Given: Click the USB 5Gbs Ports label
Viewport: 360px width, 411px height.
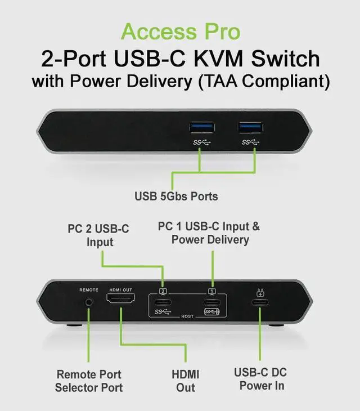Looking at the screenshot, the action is click(176, 197).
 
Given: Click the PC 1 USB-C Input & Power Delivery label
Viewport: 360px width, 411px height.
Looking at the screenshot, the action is click(210, 233).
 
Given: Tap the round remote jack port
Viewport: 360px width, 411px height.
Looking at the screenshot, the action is click(89, 302).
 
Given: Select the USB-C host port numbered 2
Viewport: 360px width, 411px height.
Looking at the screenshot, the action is click(164, 301).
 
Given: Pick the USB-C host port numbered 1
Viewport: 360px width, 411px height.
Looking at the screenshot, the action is click(213, 301).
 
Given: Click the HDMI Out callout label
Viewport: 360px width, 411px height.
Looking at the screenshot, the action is click(186, 381).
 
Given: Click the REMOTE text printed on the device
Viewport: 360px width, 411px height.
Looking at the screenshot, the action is click(89, 289).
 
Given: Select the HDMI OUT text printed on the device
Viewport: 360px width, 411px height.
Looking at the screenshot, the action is click(120, 289).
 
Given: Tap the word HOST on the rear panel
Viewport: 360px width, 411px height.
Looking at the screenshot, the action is click(187, 316).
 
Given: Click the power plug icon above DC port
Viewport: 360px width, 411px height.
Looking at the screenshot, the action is click(260, 292).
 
